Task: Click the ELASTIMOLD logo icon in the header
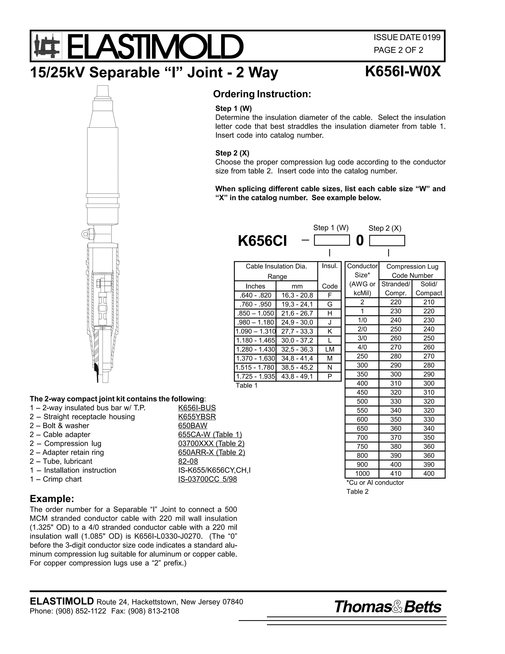(x=47, y=46)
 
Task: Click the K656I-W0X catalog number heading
(x=403, y=72)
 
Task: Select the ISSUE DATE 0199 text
(x=407, y=38)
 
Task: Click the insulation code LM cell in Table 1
(x=329, y=349)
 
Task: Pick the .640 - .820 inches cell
(x=255, y=295)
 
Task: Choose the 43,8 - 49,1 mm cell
(x=297, y=376)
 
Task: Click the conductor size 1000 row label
(x=362, y=473)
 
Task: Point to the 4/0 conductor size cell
(x=362, y=347)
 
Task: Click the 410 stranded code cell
(x=396, y=473)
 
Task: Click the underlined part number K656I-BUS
(x=197, y=408)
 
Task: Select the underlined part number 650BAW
(x=193, y=425)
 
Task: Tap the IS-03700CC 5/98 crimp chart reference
(x=207, y=479)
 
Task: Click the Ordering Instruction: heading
(x=262, y=94)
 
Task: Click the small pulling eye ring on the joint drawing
(x=85, y=233)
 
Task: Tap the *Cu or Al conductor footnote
(x=375, y=482)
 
